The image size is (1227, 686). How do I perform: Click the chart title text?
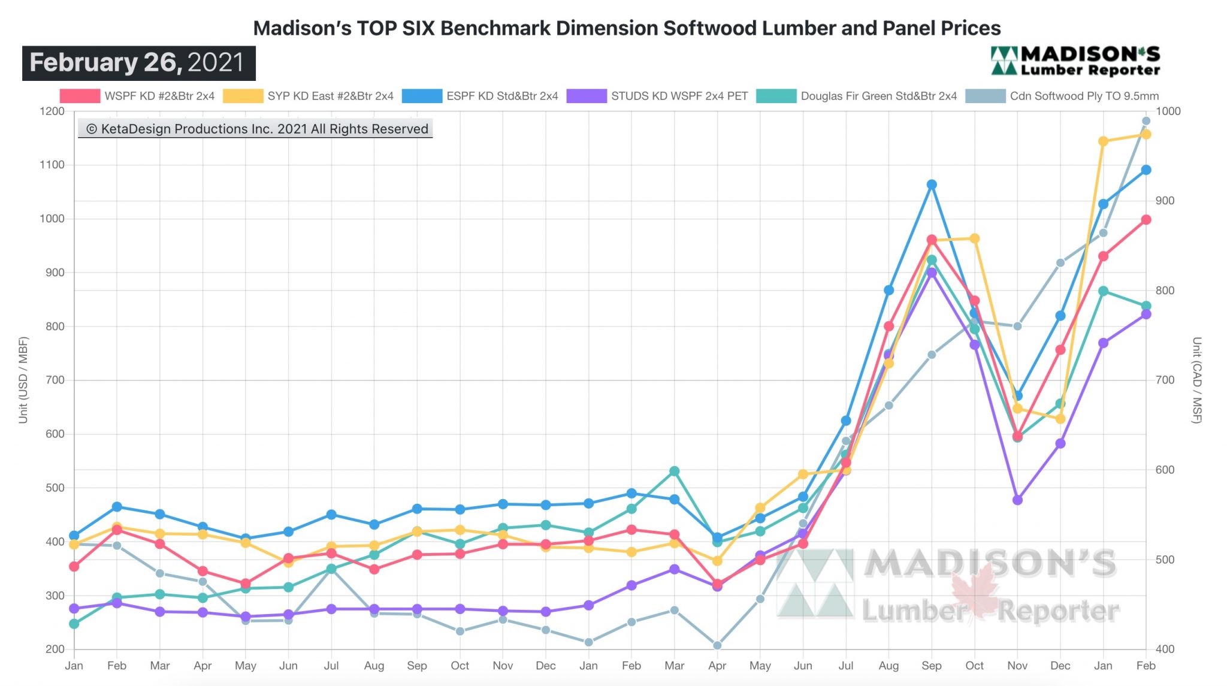pos(627,28)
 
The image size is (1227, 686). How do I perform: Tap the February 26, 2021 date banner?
pos(138,63)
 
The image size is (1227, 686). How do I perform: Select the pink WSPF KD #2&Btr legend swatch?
pos(80,96)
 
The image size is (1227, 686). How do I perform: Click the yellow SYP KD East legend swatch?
pos(243,96)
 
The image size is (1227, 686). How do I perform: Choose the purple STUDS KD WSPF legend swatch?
pos(587,96)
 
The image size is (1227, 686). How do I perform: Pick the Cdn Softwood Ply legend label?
pos(1084,96)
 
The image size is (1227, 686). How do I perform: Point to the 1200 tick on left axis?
pos(52,111)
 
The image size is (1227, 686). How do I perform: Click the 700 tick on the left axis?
pos(55,380)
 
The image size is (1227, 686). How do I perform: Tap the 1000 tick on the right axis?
pos(1168,111)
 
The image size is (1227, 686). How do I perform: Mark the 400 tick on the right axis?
pos(1165,649)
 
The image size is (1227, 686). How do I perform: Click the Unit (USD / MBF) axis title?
pos(23,380)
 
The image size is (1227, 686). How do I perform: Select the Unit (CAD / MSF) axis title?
pos(1196,380)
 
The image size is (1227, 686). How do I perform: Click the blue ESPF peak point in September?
pos(932,185)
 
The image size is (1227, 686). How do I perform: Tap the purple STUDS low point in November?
pos(1017,500)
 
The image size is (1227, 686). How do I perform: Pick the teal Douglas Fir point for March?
pos(675,471)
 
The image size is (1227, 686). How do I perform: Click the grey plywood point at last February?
pos(1146,121)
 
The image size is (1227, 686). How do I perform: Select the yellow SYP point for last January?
pos(1103,141)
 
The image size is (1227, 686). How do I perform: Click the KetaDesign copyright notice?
pos(256,129)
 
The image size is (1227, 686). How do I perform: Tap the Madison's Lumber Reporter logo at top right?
pos(1075,62)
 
